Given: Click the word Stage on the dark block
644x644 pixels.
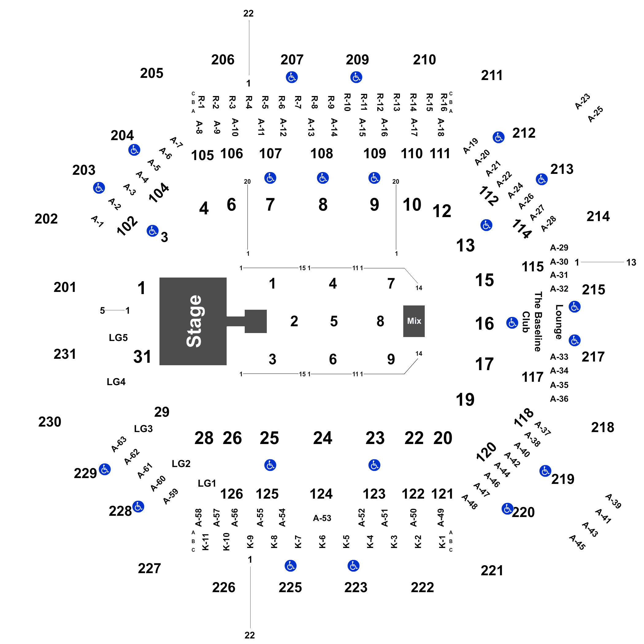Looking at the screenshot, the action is [x=194, y=321].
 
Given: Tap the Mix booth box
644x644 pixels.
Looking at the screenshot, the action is [x=414, y=321].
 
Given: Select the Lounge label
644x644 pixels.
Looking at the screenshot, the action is [x=559, y=322].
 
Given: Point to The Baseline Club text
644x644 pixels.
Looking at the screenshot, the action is [x=532, y=322].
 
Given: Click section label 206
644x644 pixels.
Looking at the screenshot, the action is [x=223, y=60].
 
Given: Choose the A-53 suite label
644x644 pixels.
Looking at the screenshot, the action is [x=322, y=518].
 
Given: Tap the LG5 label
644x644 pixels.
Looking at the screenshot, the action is [x=118, y=338].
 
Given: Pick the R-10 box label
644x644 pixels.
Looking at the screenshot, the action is [x=347, y=102].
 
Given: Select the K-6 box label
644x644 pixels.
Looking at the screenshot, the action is [x=322, y=542].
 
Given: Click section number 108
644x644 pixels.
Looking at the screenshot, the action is [x=322, y=154].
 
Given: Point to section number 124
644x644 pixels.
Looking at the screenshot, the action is [x=321, y=494].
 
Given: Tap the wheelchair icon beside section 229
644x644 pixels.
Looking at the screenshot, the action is [x=105, y=469].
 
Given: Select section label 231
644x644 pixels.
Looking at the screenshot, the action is [x=65, y=354].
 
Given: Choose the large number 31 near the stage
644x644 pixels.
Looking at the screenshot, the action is [x=142, y=357].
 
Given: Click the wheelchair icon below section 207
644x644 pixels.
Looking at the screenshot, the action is [x=292, y=77].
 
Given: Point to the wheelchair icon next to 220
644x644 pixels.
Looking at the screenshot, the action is [x=507, y=509].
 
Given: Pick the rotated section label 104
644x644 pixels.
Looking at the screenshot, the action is [x=159, y=193].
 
